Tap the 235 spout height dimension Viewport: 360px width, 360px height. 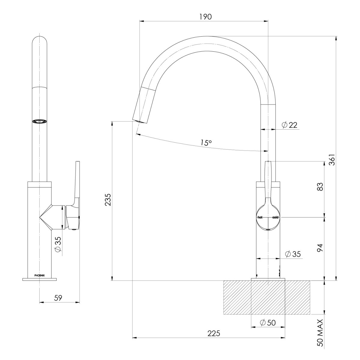(108, 199)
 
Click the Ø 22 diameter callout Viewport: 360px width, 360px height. (289, 125)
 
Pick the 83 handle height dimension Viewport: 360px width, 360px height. (320, 187)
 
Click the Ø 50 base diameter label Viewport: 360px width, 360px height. (268, 323)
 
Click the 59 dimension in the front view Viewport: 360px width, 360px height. (58, 298)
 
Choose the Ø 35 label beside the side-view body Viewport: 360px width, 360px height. (292, 254)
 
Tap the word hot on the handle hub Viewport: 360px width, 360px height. (260, 217)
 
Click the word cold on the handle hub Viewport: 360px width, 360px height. (275, 217)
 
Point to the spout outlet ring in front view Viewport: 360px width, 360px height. (40, 121)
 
